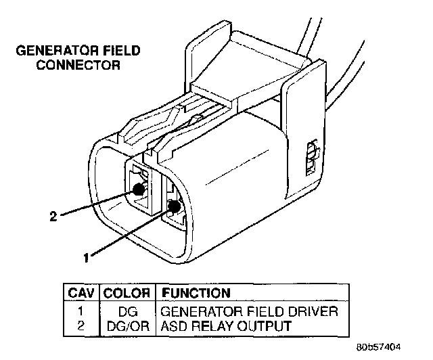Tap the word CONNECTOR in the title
(88, 66)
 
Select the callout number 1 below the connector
(86, 257)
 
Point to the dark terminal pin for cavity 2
(140, 189)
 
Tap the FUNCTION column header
(193, 294)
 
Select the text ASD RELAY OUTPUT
(225, 325)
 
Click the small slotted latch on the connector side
(311, 158)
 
